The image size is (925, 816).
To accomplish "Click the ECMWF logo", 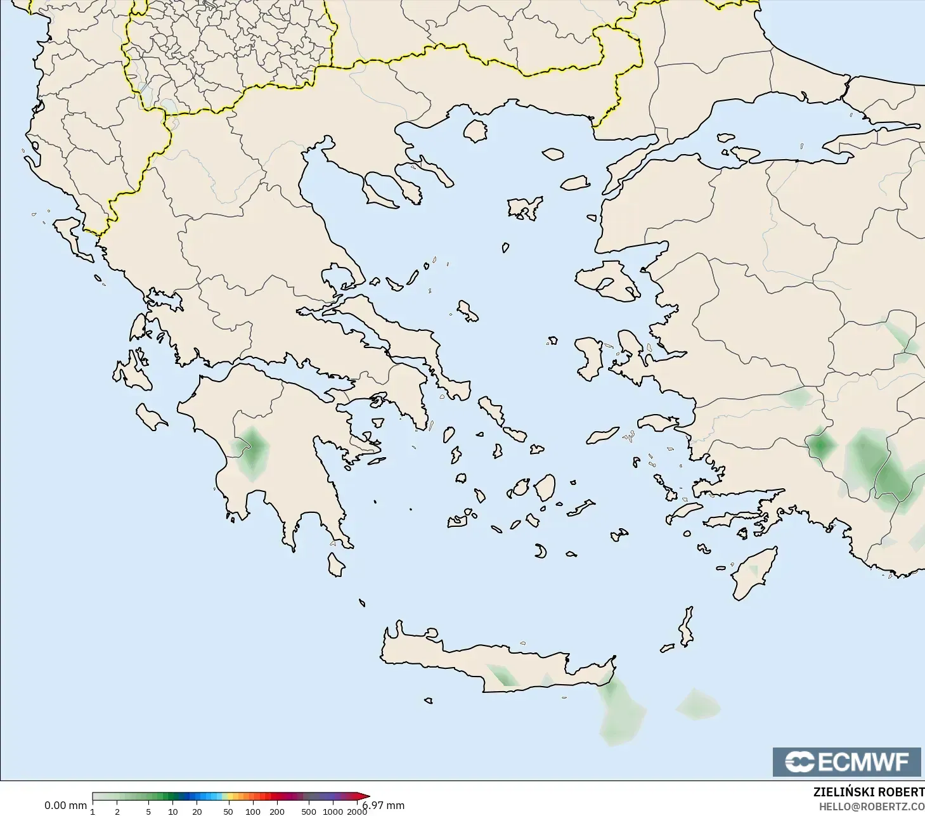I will click(x=846, y=761).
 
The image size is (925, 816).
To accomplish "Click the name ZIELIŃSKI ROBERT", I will click(x=869, y=793).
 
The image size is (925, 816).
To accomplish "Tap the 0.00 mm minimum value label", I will click(x=65, y=805).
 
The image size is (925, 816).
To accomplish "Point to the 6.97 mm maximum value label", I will click(x=384, y=805).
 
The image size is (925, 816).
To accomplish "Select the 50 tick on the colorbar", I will click(x=228, y=811).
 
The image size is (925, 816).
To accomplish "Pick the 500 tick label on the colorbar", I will click(x=309, y=811).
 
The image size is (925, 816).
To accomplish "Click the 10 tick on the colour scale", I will click(x=172, y=811).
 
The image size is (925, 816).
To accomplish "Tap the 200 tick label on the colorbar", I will click(x=277, y=811).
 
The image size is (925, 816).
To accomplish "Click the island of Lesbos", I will click(x=607, y=281).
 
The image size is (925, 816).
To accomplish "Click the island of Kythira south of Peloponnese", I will click(x=336, y=564).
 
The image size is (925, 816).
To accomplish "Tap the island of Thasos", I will click(x=475, y=131).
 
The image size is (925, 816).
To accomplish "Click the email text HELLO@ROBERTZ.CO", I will click(x=871, y=806).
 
